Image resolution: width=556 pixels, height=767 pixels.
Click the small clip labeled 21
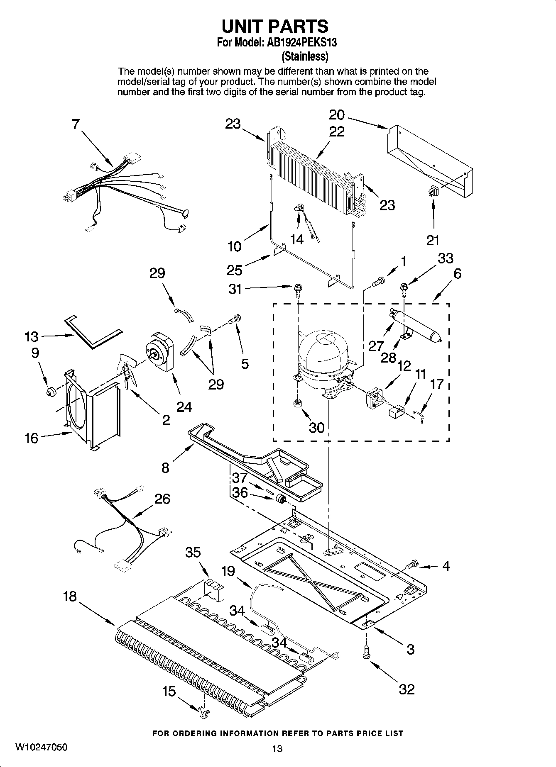tap(433, 191)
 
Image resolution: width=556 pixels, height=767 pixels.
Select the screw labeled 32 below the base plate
tap(366, 653)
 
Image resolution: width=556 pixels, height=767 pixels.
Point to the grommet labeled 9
tap(51, 391)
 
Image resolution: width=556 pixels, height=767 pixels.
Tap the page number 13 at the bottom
tap(277, 748)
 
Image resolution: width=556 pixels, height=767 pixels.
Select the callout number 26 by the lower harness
tap(162, 499)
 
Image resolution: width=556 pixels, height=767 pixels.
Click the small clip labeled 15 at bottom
tap(204, 712)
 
